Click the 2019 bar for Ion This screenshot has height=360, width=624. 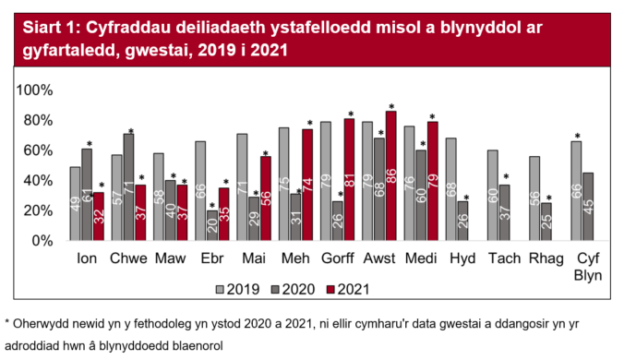coord(76,204)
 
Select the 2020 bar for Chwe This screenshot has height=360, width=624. coord(129,187)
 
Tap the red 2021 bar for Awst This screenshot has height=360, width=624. coord(390,175)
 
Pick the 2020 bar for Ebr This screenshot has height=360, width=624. coord(212,225)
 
